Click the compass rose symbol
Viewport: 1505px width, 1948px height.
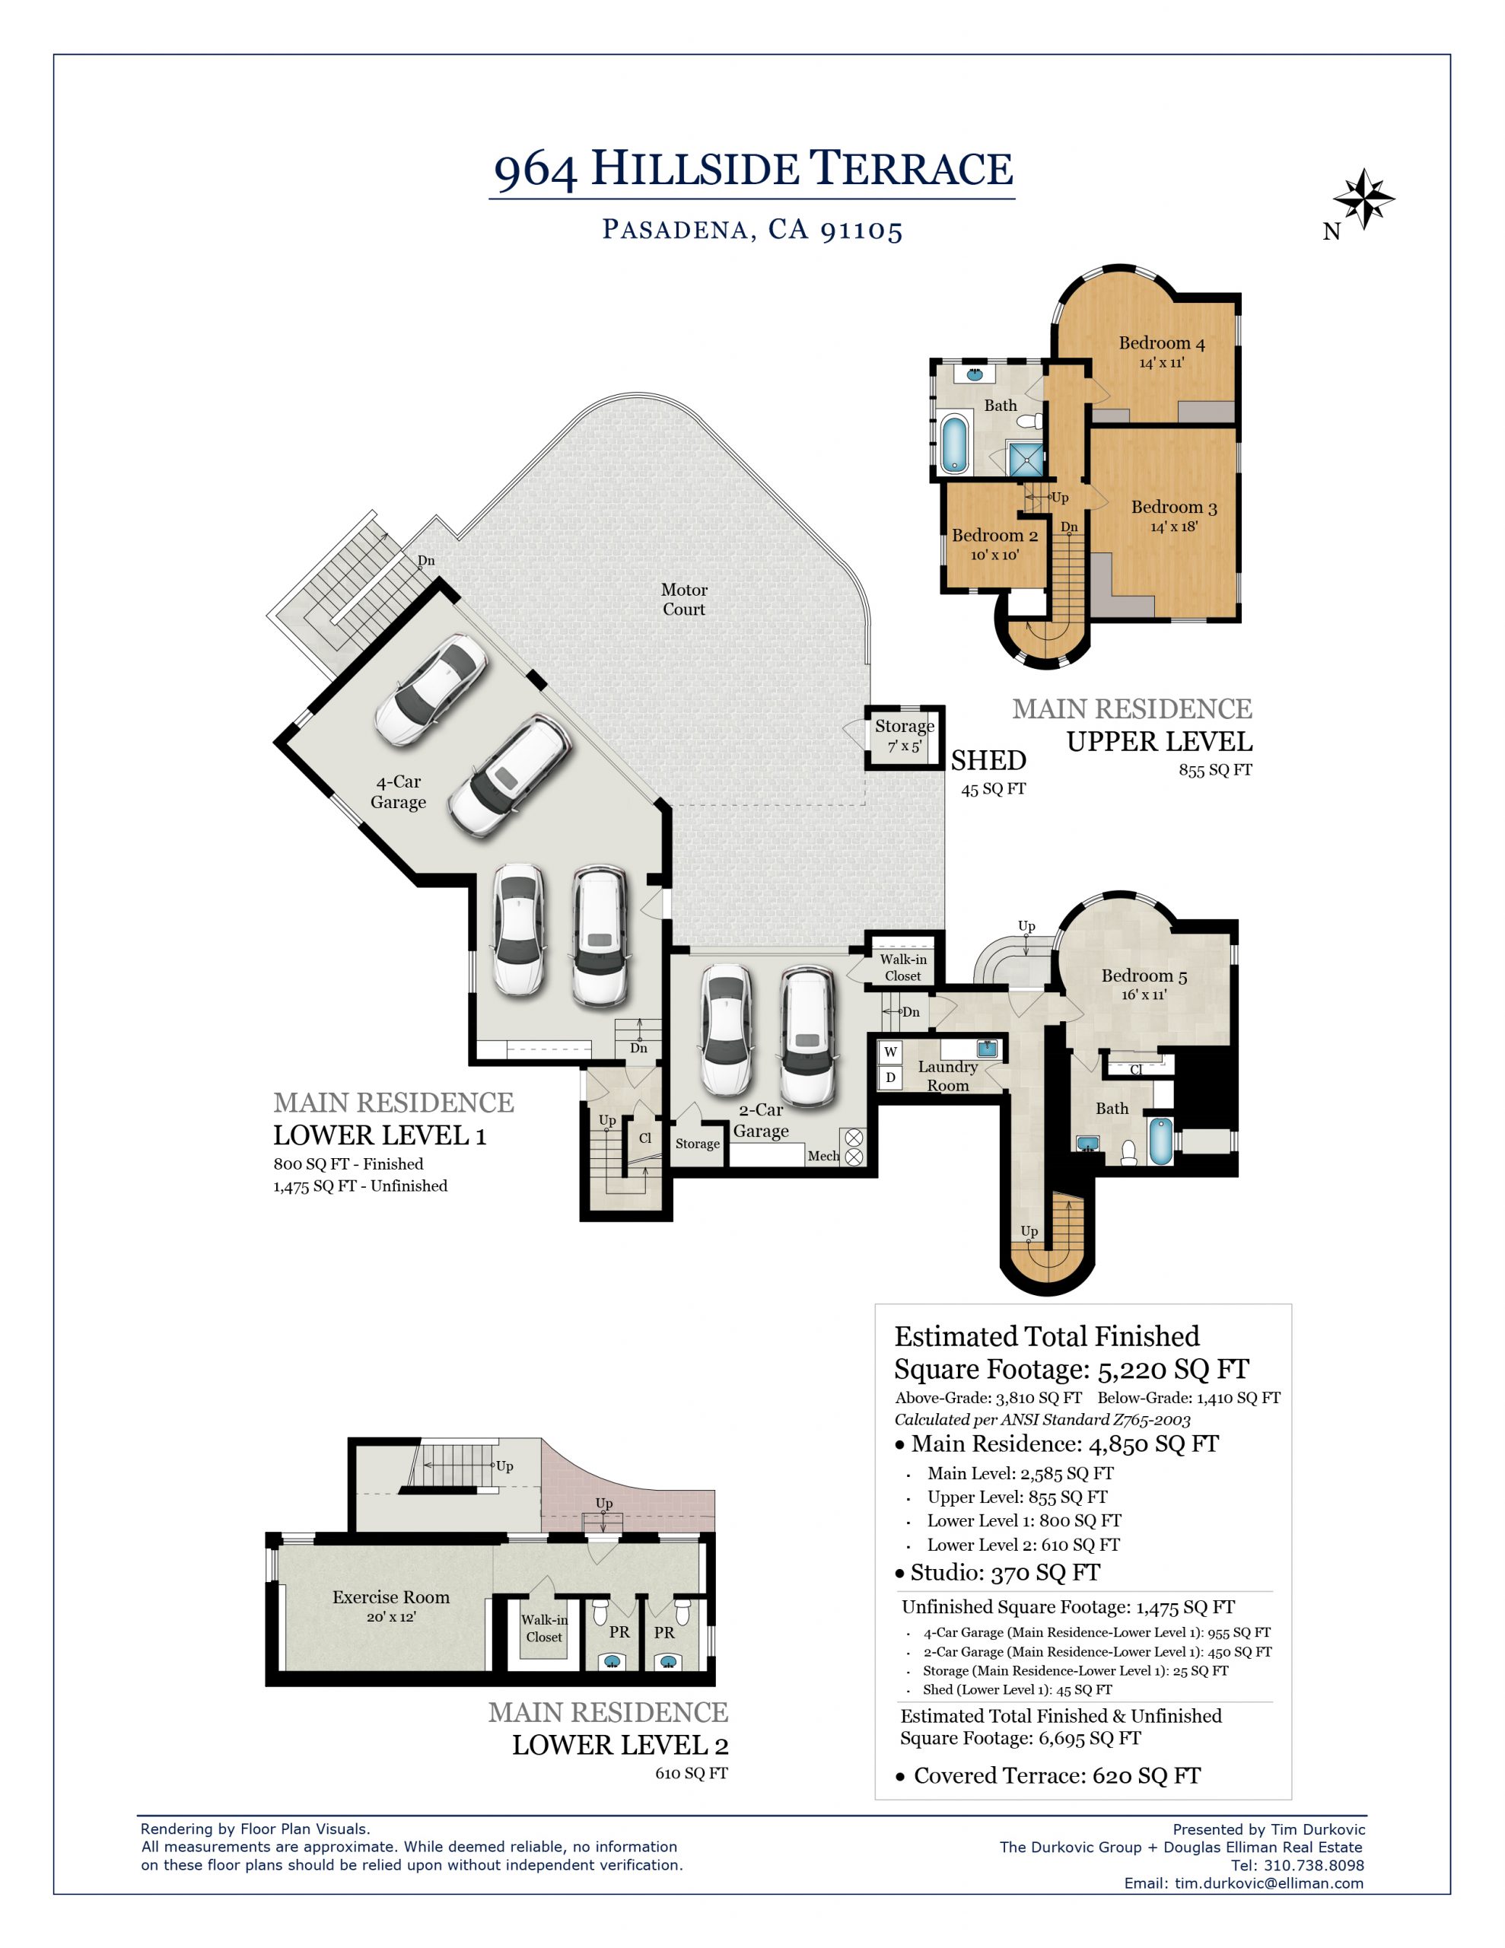click(1363, 199)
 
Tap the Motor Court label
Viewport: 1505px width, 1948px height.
click(683, 600)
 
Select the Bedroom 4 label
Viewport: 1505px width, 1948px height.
click(1162, 343)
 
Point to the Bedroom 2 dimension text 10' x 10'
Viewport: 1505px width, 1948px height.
click(994, 555)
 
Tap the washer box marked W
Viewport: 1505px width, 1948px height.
click(890, 1052)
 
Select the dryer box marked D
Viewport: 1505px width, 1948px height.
click(890, 1077)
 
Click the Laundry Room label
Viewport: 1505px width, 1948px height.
click(947, 1076)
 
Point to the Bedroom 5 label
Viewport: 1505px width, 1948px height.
click(1144, 976)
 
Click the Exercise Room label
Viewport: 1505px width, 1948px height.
click(391, 1596)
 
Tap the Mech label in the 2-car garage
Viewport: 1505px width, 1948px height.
click(822, 1156)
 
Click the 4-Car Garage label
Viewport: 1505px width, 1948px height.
click(398, 792)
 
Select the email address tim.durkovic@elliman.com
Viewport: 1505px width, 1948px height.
click(1268, 1883)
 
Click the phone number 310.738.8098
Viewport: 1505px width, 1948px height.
click(1314, 1865)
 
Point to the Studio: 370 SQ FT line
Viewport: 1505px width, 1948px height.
click(1005, 1573)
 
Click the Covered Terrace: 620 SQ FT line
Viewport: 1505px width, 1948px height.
click(1049, 1775)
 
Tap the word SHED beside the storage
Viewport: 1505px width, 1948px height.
click(988, 760)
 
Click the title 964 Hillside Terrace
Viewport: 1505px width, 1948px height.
click(753, 170)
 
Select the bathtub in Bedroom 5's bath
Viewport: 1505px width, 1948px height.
click(1160, 1141)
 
